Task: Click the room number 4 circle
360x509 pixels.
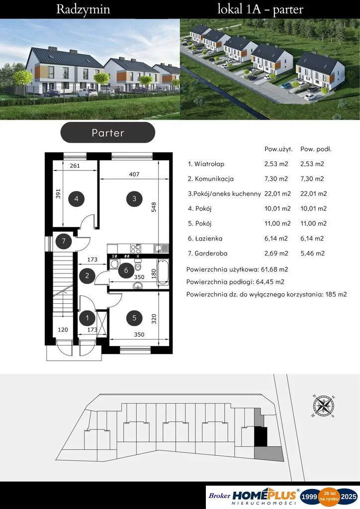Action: tap(76, 199)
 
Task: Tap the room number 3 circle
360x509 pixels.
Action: tap(134, 199)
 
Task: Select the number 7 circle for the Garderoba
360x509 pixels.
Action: tap(64, 241)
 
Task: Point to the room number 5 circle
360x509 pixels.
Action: tap(134, 318)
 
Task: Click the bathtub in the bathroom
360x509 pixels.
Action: tap(163, 272)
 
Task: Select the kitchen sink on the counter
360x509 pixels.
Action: tap(161, 249)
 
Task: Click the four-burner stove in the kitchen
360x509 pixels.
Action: tap(136, 249)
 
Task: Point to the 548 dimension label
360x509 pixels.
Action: tap(154, 207)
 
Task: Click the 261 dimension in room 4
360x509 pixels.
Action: tap(75, 166)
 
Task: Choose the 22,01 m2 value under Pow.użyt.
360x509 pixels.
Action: tap(277, 194)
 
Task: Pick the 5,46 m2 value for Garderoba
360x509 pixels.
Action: tap(312, 253)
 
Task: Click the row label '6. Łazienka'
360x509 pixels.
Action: tap(205, 238)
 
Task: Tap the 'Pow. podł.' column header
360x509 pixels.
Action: tap(316, 149)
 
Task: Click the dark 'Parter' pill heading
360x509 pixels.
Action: tap(108, 132)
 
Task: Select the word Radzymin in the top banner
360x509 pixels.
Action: tap(83, 9)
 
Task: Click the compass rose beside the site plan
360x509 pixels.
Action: tap(324, 406)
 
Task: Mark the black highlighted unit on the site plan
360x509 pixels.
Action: tap(261, 436)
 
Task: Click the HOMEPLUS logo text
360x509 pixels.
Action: tap(265, 496)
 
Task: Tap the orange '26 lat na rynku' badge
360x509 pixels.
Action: tap(330, 496)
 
